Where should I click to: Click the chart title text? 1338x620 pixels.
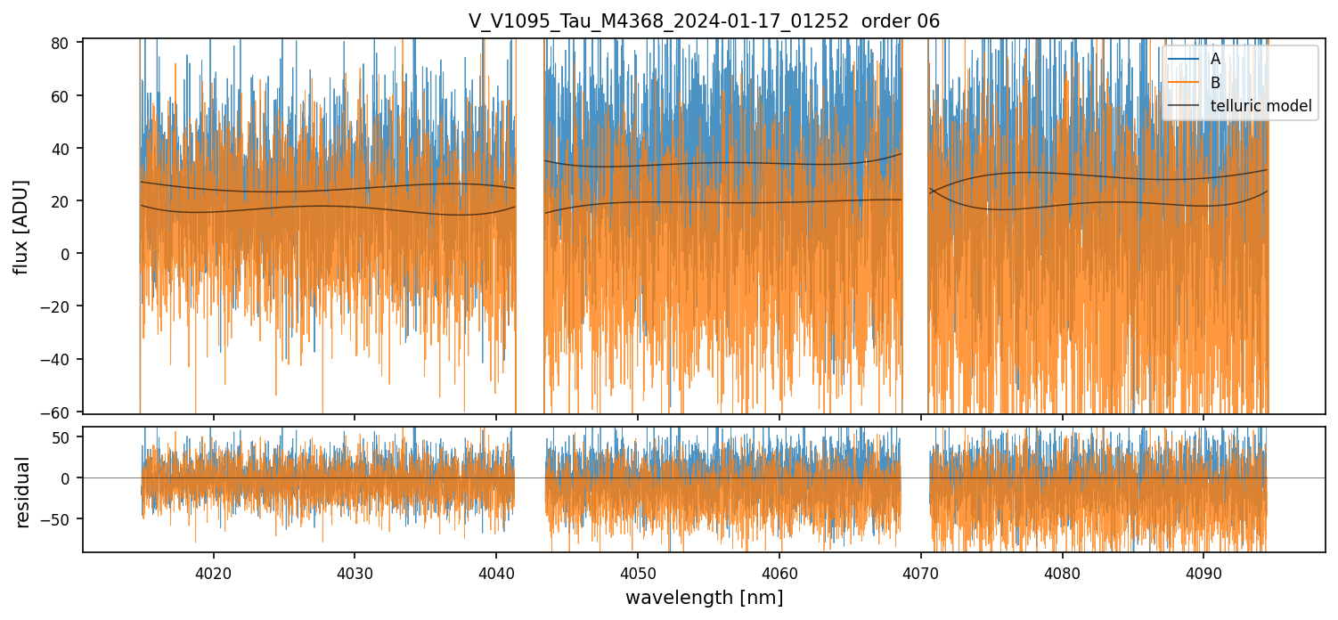click(x=704, y=21)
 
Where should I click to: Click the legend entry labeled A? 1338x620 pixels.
click(x=1216, y=59)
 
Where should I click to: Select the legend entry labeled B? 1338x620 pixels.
click(x=1216, y=82)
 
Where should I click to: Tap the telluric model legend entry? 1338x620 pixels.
click(x=1260, y=106)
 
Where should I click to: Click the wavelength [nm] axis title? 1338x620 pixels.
click(x=704, y=598)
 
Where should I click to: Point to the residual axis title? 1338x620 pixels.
click(x=23, y=492)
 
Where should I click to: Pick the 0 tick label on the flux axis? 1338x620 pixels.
click(x=69, y=254)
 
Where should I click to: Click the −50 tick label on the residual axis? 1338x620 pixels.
click(x=61, y=519)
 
